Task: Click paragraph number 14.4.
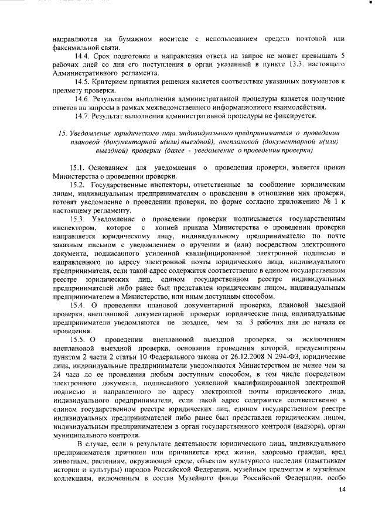pyautogui.click(x=81, y=56)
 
